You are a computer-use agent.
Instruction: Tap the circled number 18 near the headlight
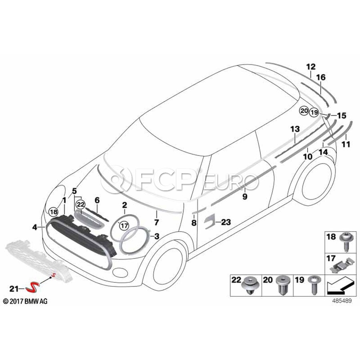click(53, 212)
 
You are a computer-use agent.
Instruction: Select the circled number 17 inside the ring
click(124, 226)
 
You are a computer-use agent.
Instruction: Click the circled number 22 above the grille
click(81, 204)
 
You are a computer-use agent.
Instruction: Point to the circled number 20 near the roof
click(304, 111)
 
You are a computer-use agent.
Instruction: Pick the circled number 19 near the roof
click(314, 112)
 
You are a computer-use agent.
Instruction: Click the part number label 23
click(226, 222)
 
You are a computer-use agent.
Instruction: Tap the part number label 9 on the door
click(245, 196)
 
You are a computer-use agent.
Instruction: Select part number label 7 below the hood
click(156, 222)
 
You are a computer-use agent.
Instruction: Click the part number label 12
click(311, 67)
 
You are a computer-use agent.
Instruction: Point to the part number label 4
click(35, 228)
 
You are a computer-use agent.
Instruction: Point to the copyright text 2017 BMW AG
click(26, 301)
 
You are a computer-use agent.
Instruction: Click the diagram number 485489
click(342, 301)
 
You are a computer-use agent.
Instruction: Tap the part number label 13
click(295, 129)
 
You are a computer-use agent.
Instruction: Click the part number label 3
click(156, 236)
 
